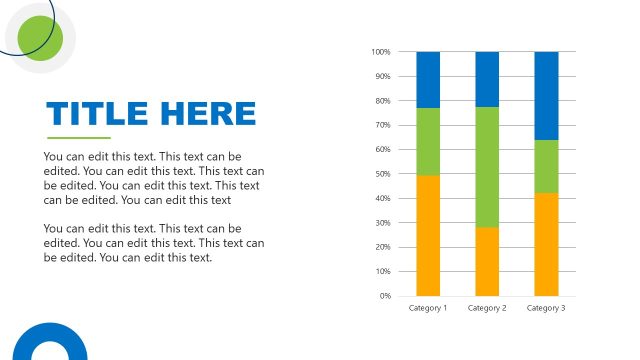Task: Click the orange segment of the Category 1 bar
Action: coord(428,235)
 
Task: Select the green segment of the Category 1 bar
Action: coord(428,141)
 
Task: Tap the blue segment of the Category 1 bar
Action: coord(428,79)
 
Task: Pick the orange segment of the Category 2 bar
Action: coord(487,261)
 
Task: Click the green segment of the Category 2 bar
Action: coord(487,167)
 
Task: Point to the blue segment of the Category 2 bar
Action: coord(487,79)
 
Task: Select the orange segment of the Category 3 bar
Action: coord(546,244)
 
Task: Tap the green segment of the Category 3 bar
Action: coord(546,166)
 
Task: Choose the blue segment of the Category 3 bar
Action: coord(546,95)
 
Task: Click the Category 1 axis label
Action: coord(428,308)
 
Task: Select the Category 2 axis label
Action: coord(487,308)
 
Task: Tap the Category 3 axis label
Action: coord(546,308)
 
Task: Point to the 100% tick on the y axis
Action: coord(380,52)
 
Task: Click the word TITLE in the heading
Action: coord(104,113)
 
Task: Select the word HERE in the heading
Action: coord(213,113)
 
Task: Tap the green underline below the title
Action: coord(79,138)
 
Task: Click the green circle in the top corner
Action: coord(41,38)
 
